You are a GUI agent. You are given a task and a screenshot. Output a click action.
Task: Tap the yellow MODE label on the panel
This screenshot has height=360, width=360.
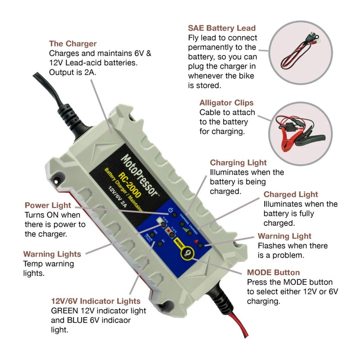[178, 243]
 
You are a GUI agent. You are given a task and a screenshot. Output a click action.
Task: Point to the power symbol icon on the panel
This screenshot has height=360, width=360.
[171, 210]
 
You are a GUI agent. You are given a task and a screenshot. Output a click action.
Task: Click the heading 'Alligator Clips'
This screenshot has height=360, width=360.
[226, 103]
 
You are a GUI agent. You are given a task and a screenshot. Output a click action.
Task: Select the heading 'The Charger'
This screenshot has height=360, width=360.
[72, 44]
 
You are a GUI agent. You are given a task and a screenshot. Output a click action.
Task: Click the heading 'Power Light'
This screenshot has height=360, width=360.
[48, 205]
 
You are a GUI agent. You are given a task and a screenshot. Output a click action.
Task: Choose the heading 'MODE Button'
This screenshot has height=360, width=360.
[274, 272]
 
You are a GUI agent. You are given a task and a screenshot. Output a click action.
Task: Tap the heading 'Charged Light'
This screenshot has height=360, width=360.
[291, 194]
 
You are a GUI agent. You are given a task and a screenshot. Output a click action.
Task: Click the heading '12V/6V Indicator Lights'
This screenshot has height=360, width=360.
[95, 301]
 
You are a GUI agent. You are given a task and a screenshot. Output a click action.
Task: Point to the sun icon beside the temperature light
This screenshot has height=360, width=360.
[160, 220]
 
